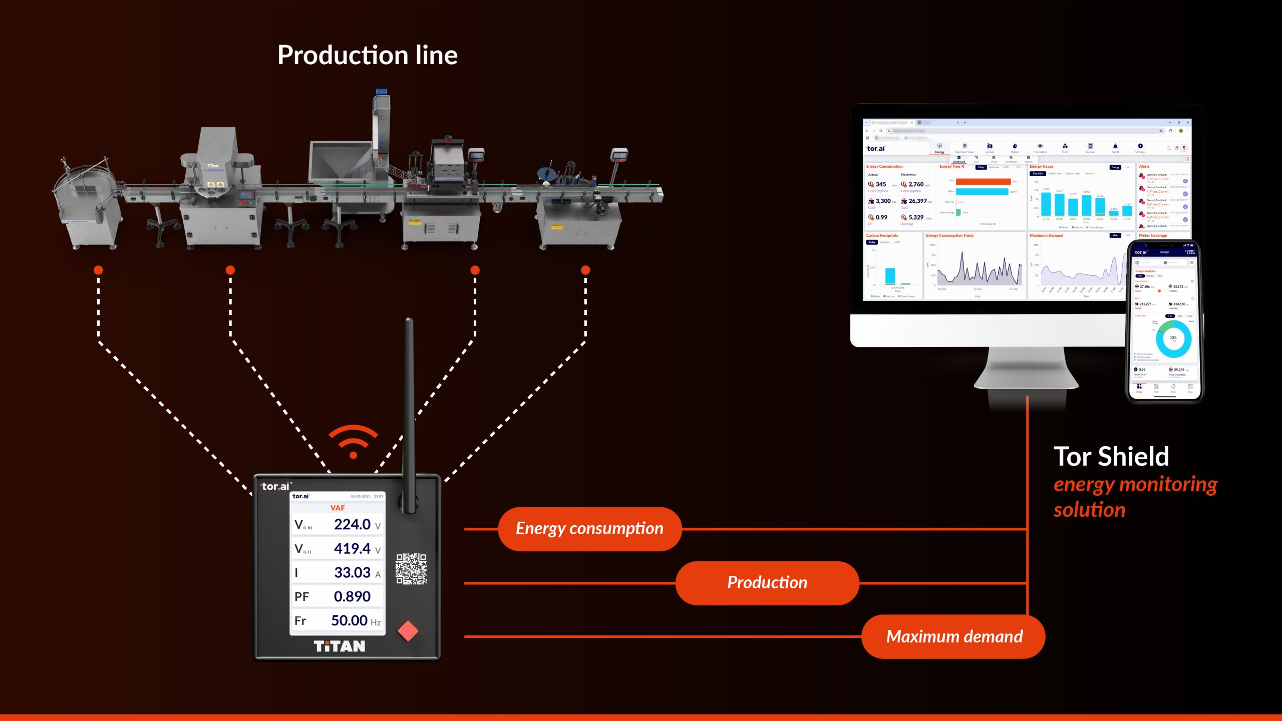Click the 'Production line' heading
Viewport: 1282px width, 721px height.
click(x=367, y=55)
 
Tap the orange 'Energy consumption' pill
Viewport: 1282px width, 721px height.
click(x=589, y=529)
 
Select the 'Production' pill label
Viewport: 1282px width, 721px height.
click(x=767, y=583)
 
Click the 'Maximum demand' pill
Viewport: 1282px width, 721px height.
click(x=953, y=636)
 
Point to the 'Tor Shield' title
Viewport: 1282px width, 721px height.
click(x=1111, y=457)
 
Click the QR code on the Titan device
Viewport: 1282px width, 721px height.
click(x=411, y=569)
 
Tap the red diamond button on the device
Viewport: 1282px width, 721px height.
click(x=408, y=631)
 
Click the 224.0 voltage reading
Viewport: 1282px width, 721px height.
click(x=352, y=524)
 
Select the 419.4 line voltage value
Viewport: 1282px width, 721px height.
click(x=352, y=548)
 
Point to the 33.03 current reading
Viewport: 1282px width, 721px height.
click(x=352, y=572)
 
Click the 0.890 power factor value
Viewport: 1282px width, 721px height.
click(x=352, y=596)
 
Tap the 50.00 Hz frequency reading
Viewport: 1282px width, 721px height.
click(x=350, y=620)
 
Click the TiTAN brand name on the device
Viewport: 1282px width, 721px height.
click(x=340, y=646)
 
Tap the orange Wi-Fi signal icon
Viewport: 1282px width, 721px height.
click(x=353, y=441)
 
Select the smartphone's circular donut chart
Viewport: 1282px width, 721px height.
click(x=1173, y=339)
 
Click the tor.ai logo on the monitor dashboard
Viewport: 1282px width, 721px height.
click(x=875, y=149)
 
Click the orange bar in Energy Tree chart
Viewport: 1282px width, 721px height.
click(x=983, y=181)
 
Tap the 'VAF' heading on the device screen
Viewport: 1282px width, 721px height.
click(x=338, y=508)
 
